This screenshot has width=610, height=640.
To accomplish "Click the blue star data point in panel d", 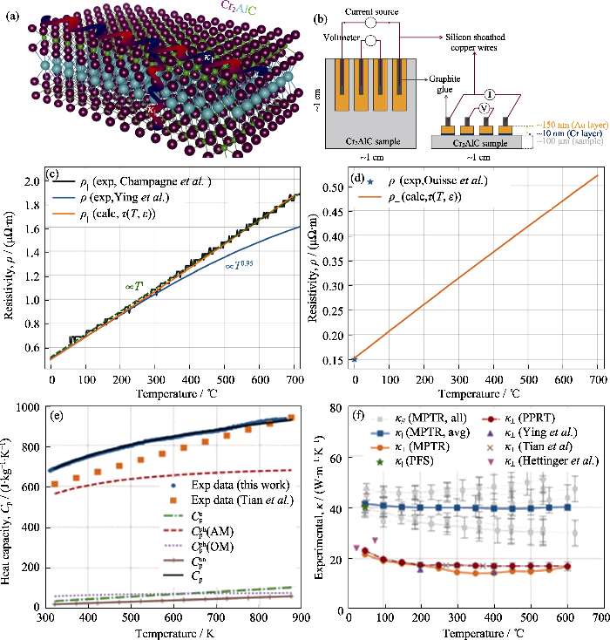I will coord(354,358).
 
